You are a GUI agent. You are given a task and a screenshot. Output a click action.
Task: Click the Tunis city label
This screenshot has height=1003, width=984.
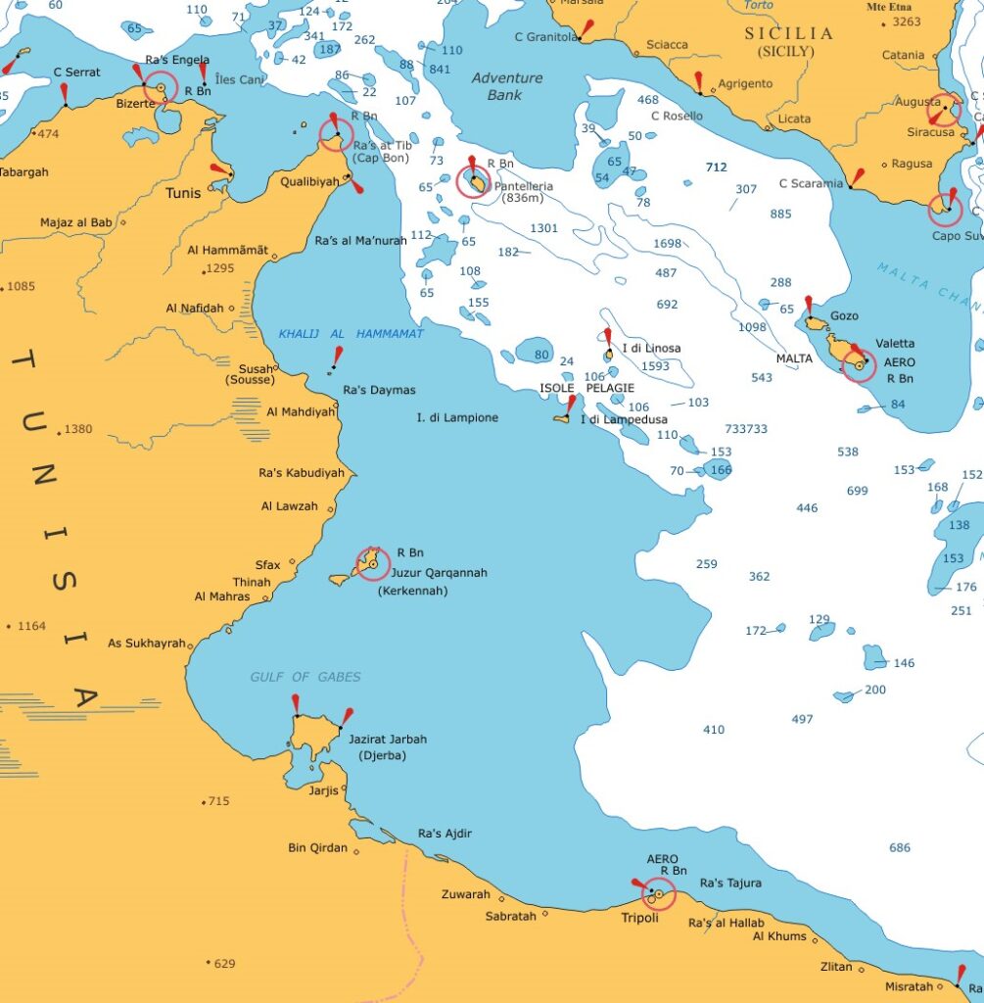point(183,193)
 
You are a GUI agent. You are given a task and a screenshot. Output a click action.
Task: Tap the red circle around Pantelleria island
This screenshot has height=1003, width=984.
point(474,181)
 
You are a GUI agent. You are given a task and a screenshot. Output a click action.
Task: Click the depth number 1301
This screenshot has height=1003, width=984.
point(543,228)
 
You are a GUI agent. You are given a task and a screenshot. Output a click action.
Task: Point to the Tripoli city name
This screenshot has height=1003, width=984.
point(639,919)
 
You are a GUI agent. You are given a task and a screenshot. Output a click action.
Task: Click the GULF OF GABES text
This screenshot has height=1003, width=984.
point(305,677)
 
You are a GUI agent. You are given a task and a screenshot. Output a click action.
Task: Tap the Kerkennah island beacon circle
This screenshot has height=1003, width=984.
point(372,564)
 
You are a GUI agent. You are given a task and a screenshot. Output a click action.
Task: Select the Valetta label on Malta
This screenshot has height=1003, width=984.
point(895,344)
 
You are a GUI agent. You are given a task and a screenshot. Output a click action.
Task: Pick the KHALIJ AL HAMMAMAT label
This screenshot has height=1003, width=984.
point(351,334)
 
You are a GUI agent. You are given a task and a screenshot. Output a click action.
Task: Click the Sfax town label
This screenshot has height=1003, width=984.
point(267,565)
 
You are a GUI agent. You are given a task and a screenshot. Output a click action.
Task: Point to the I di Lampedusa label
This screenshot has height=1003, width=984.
point(623,420)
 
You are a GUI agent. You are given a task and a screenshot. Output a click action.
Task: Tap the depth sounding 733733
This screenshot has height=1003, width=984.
point(746,429)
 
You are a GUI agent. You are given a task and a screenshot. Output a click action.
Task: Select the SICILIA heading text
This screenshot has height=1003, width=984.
point(789,33)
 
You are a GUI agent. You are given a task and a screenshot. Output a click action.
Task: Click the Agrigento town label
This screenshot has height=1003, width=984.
point(745,84)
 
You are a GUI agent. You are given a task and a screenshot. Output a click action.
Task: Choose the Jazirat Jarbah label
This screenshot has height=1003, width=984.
point(388,740)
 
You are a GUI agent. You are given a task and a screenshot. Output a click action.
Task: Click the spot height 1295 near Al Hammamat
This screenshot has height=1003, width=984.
point(220,268)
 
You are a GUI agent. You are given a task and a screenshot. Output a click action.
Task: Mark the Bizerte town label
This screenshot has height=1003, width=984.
point(134,103)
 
